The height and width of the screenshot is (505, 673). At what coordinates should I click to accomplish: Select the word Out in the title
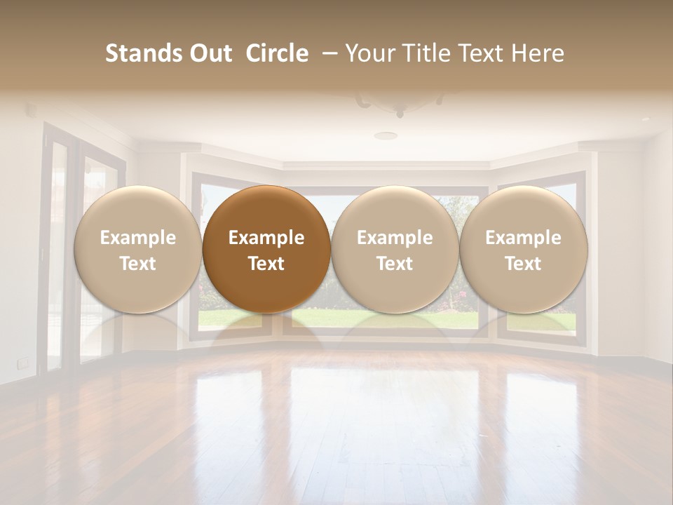pos(208,53)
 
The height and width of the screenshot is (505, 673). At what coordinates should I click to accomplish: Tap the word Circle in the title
pos(277,53)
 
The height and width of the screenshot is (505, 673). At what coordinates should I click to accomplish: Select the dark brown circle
pos(266,249)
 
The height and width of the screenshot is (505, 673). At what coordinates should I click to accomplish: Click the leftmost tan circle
pos(137,249)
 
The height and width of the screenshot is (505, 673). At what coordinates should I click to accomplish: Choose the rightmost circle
pos(523,249)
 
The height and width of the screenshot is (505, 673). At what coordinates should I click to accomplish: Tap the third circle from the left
pos(395,249)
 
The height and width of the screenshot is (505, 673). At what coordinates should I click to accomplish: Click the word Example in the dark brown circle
pos(266,238)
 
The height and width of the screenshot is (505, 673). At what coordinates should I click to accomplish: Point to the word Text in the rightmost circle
pos(523,264)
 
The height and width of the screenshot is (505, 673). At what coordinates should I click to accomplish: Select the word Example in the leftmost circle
pos(137,238)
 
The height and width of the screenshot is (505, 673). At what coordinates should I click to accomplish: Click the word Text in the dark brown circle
pos(266,264)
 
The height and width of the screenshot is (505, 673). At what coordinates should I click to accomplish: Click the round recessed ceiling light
pos(385,135)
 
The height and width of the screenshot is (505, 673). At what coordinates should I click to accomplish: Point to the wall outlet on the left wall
pos(23,362)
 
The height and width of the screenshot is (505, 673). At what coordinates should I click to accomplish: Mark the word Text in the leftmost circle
pos(137,264)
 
